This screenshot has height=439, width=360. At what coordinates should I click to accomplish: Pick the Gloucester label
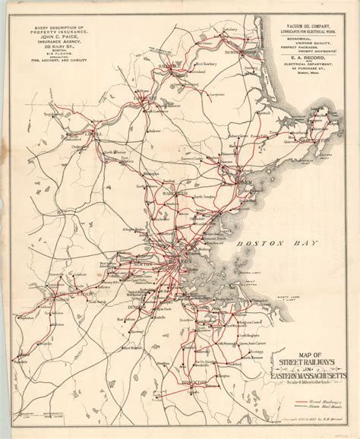pyautogui.click(x=307, y=141)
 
